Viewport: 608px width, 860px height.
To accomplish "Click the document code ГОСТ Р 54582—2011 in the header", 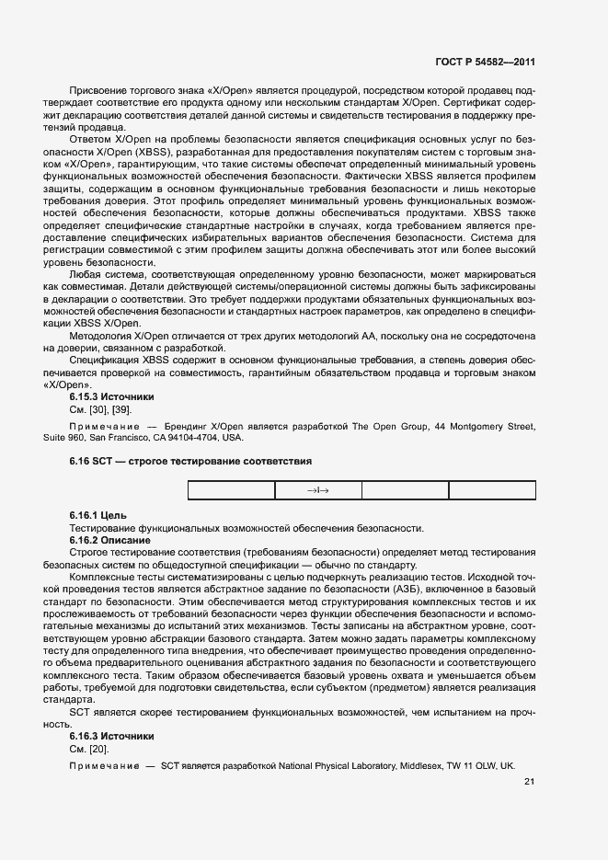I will point(485,62).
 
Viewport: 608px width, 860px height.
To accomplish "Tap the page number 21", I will point(529,782).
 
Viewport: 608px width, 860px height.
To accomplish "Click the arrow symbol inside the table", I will point(318,490).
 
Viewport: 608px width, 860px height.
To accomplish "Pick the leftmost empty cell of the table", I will point(231,490).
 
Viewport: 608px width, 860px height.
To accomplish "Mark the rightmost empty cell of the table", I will point(492,490).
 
